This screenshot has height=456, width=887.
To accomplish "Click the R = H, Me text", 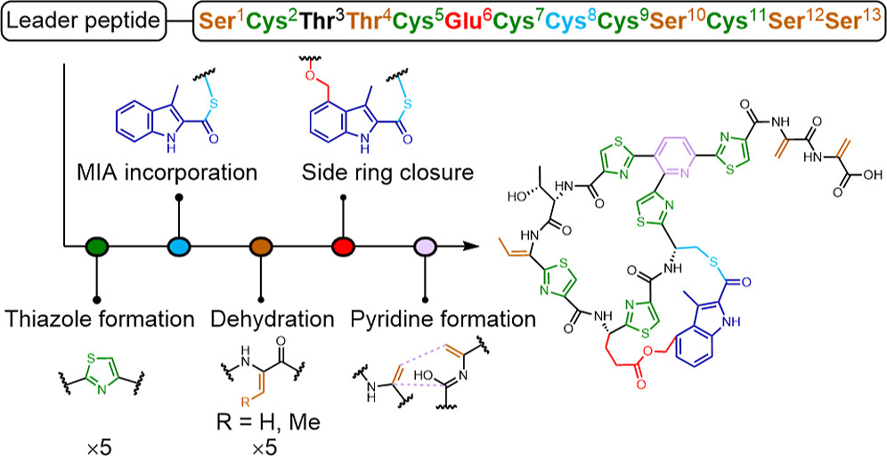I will point(262,411).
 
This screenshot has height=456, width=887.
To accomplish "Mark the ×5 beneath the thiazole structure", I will point(97,437).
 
